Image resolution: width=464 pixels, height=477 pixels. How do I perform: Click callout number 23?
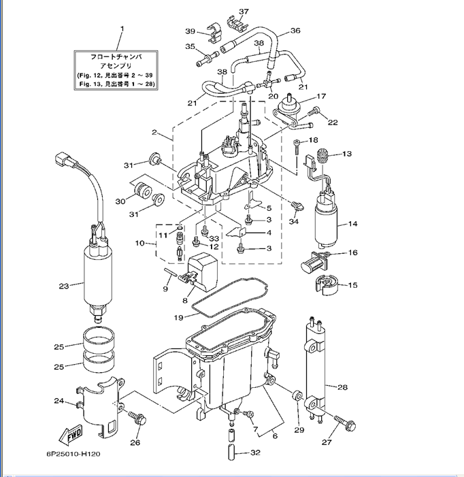pyautogui.click(x=64, y=286)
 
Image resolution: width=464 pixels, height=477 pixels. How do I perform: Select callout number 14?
pyautogui.click(x=352, y=223)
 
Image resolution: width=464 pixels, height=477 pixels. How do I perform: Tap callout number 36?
pyautogui.click(x=295, y=31)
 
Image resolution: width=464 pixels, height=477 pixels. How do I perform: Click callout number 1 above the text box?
pyautogui.click(x=122, y=28)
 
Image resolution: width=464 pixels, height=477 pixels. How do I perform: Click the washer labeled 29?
pyautogui.click(x=296, y=396)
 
